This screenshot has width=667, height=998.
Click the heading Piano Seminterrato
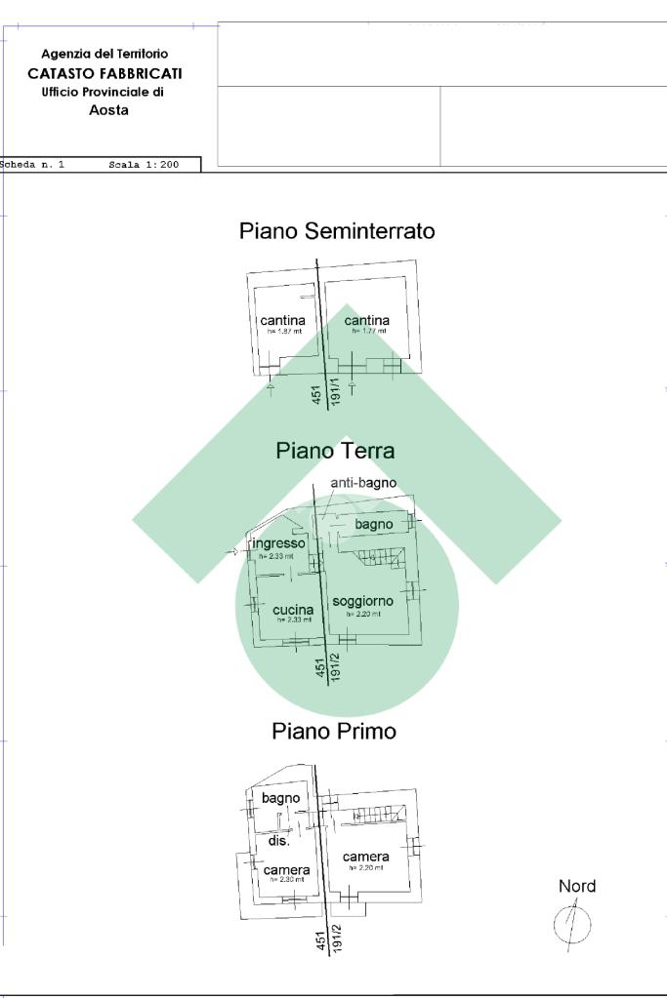[337, 231]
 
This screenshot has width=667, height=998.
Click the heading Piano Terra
[335, 451]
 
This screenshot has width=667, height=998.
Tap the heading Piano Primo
[334, 731]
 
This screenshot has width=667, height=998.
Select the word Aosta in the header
[108, 110]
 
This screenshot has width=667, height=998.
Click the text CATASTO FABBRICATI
[104, 73]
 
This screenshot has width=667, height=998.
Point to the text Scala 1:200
[144, 166]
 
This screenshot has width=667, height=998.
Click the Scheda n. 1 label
[33, 166]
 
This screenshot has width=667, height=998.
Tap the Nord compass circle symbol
[572, 922]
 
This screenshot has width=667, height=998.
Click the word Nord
[576, 887]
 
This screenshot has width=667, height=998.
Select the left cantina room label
[282, 320]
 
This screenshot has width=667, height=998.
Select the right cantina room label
[366, 320]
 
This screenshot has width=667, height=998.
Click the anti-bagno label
[363, 483]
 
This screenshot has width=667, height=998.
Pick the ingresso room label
[278, 543]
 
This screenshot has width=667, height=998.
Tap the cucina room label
[293, 610]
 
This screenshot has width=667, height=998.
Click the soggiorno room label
[362, 602]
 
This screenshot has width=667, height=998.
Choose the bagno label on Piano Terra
[374, 525]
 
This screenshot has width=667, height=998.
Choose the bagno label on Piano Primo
[280, 798]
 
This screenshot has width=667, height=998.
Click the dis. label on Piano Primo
[278, 841]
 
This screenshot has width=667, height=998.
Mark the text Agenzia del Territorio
[104, 55]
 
